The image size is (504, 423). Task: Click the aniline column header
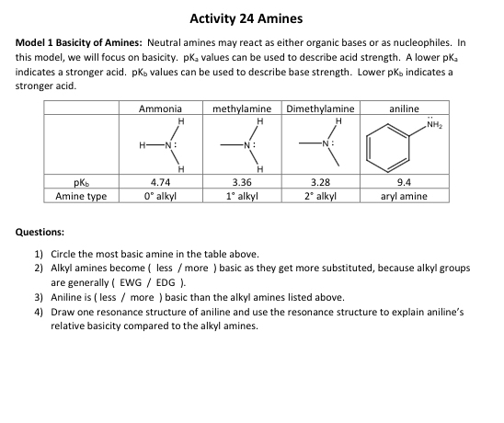(x=405, y=109)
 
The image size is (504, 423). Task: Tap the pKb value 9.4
(x=405, y=183)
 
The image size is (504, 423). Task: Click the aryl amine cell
(x=405, y=196)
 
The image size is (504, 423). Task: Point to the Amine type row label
(x=81, y=196)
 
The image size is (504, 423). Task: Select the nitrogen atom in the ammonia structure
(x=169, y=144)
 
